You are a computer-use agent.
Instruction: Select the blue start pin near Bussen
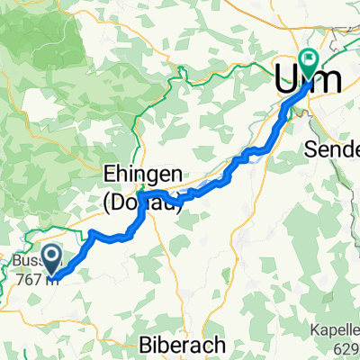51,259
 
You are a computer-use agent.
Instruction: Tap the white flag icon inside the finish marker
309,60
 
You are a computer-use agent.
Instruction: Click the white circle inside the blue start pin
51,256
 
